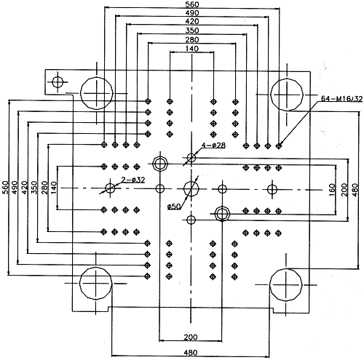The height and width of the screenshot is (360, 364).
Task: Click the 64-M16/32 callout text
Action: pos(341,99)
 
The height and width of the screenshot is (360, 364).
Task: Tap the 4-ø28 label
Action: pos(213,145)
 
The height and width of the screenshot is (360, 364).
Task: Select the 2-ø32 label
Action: pos(133,180)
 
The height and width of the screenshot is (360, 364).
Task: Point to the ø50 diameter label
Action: pos(174,207)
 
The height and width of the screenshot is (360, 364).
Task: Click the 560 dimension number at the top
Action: pos(192,4)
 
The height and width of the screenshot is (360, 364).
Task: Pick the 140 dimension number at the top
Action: pos(192,49)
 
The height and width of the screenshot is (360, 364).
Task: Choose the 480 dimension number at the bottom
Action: pos(191,353)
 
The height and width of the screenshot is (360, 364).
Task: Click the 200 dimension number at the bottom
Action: pos(191,337)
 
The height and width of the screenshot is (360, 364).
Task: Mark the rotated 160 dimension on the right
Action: pos(332,190)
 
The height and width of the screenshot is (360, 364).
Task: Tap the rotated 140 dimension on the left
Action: pos(54,188)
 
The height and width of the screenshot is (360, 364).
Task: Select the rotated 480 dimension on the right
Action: pos(355,190)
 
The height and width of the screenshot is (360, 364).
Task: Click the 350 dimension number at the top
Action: pos(192,31)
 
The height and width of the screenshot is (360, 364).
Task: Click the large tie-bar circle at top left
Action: pos(97,93)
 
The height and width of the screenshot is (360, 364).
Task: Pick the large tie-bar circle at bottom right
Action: pos(286,284)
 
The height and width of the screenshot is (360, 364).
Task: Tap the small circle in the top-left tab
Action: pos(58,82)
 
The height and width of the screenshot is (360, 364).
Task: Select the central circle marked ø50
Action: pos(191,188)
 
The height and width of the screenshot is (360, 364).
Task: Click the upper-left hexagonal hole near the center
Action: pos(160,164)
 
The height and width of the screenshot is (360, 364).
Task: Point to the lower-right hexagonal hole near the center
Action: pos(222,214)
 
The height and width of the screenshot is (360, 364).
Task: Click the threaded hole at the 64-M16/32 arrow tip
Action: pos(279,146)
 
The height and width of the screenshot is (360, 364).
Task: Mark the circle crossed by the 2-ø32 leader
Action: pos(110,188)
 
